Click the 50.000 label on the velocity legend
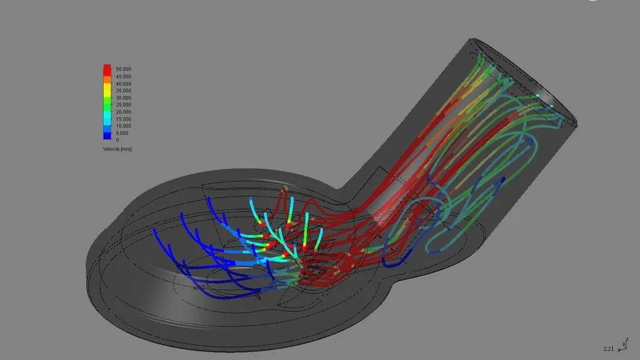pyautogui.click(x=123, y=69)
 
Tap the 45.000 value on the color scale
pyautogui.click(x=123, y=76)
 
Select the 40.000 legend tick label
pyautogui.click(x=123, y=84)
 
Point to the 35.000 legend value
pyautogui.click(x=123, y=91)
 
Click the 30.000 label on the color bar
pyautogui.click(x=123, y=97)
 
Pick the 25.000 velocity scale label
pyautogui.click(x=123, y=104)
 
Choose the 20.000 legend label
pyautogui.click(x=123, y=112)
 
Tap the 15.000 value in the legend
pyautogui.click(x=123, y=119)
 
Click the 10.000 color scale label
pyautogui.click(x=123, y=126)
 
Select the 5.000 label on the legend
pyautogui.click(x=122, y=133)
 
